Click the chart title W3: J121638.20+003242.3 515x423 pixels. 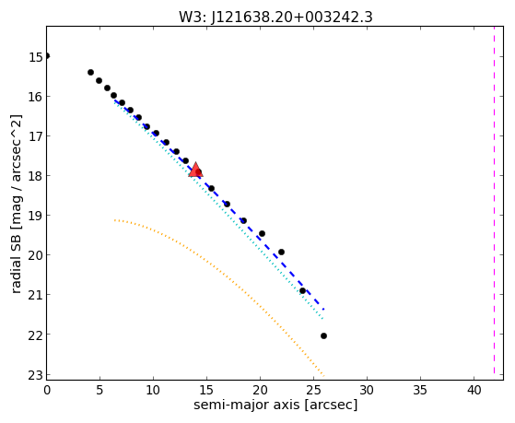[275, 17]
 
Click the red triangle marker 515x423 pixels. [195, 170]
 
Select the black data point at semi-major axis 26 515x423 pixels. [323, 335]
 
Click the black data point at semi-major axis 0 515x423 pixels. [47, 56]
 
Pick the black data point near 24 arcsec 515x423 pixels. [302, 290]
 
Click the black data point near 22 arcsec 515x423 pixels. [281, 253]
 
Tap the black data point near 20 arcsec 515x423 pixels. [262, 234]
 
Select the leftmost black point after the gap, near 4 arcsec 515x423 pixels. [90, 72]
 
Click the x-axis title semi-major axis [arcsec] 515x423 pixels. [275, 405]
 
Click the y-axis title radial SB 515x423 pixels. [16, 204]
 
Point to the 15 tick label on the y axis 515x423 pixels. [36, 57]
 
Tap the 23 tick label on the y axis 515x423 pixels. [36, 375]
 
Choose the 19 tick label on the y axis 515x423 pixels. [36, 216]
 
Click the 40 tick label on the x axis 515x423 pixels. [474, 391]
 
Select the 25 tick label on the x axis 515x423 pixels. [313, 391]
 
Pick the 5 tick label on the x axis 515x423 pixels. [99, 391]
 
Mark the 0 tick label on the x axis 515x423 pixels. [47, 391]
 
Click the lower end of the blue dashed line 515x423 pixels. [324, 310]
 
